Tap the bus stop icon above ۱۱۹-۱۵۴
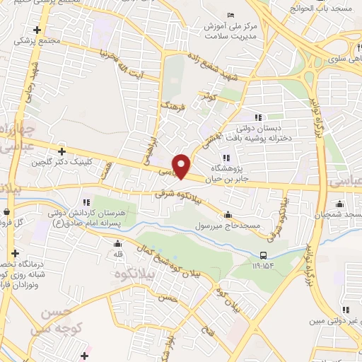263,255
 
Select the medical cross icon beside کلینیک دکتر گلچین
62,151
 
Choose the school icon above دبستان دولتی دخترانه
258,117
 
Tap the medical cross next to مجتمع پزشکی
37,30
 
